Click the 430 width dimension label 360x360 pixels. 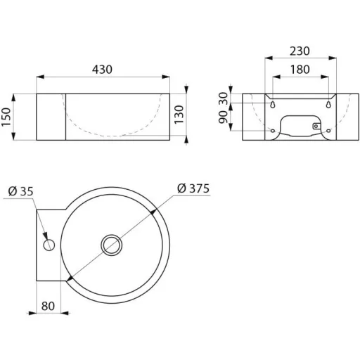tap(102, 70)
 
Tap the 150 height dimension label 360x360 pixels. tap(6, 117)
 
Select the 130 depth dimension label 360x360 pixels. tap(179, 115)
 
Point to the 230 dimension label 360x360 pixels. tap(300, 51)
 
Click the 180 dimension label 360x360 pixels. tap(300, 70)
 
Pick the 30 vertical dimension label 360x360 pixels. tap(223, 98)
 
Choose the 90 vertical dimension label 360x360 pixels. tap(223, 117)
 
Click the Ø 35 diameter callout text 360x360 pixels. tap(20, 191)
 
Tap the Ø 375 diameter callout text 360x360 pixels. tap(193, 188)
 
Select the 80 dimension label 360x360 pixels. tap(48, 306)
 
